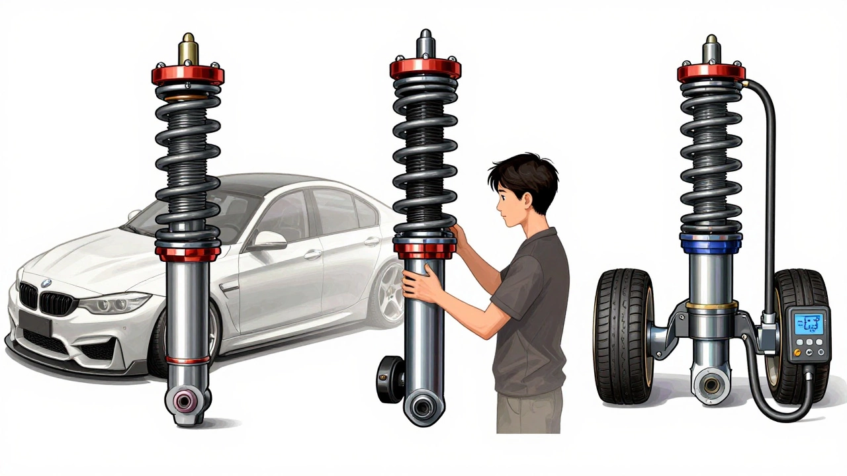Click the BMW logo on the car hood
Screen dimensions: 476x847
(46, 282)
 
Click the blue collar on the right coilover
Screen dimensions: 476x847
(711, 239)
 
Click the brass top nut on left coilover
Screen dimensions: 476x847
(188, 50)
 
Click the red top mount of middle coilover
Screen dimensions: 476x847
(425, 67)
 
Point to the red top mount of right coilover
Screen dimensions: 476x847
(711, 71)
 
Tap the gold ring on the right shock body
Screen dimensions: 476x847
(711, 305)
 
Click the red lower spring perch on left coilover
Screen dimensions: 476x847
(188, 252)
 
